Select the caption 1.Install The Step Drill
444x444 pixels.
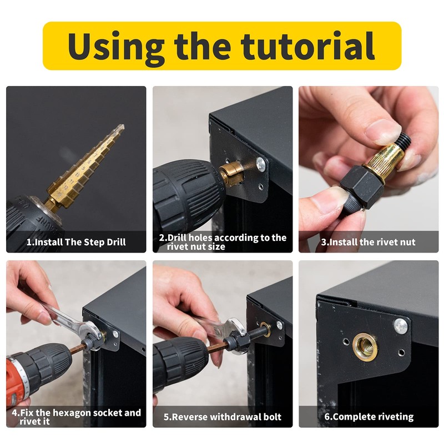76,242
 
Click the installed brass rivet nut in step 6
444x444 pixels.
365,347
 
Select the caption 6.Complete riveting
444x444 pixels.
369,417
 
